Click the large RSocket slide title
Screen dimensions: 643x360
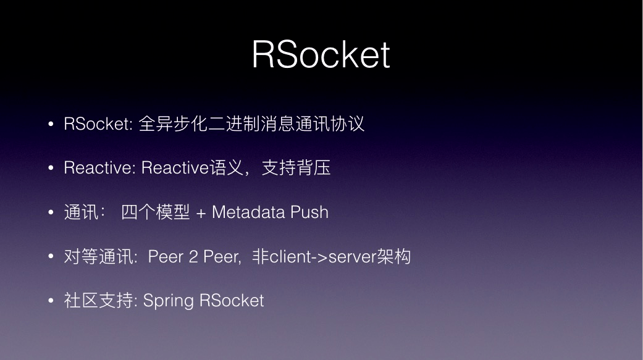point(321,54)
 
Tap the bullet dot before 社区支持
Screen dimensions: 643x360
point(51,301)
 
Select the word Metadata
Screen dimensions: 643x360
point(248,212)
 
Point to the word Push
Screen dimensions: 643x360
point(309,212)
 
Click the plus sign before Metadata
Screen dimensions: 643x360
point(201,214)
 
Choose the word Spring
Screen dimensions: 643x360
point(168,301)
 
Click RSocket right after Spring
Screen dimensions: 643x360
point(232,301)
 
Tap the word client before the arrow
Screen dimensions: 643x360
point(290,257)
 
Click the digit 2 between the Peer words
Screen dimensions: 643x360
point(193,257)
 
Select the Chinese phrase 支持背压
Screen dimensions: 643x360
point(296,168)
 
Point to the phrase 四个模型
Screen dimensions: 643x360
point(156,212)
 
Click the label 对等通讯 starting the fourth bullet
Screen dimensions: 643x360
point(98,257)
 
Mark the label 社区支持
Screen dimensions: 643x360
point(98,301)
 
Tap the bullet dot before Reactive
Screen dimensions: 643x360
point(51,168)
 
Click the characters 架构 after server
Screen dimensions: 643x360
point(393,257)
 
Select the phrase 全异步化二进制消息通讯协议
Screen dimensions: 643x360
point(251,123)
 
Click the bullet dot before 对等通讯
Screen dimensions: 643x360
point(51,257)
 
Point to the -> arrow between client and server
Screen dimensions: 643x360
point(320,257)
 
